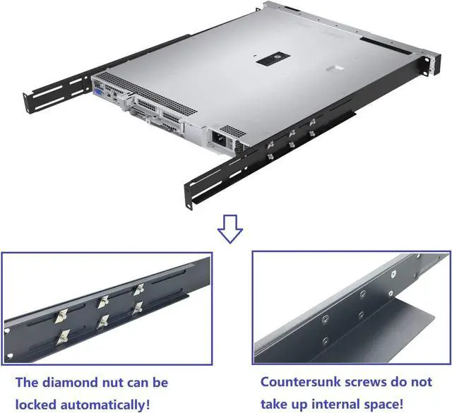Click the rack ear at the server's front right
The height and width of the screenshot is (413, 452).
coord(428,62)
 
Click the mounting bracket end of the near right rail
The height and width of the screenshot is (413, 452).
coord(192,194)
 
